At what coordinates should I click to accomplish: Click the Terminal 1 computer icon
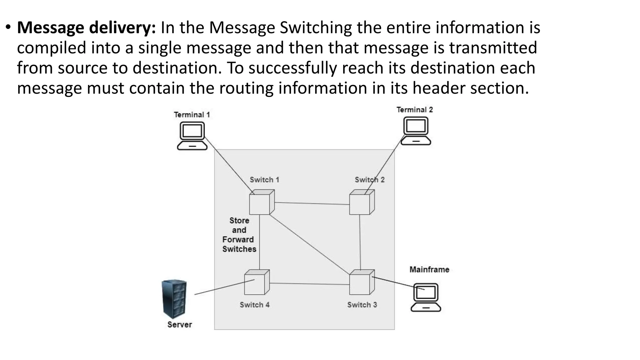(x=192, y=136)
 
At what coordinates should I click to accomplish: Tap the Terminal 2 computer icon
(x=416, y=131)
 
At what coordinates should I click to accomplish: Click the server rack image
(x=174, y=299)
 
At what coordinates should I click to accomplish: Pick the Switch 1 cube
(x=262, y=202)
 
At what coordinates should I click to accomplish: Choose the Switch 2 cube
(x=362, y=202)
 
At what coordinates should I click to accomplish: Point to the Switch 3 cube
(x=362, y=282)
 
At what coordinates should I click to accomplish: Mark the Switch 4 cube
(x=257, y=282)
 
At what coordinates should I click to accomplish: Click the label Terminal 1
(x=192, y=115)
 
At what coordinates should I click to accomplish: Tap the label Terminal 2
(x=415, y=110)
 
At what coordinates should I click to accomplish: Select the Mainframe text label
(x=429, y=269)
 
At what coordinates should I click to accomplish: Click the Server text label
(x=180, y=324)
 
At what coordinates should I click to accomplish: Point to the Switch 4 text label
(x=255, y=305)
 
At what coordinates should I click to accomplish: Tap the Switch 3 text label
(x=362, y=305)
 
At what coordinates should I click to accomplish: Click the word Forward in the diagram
(x=238, y=240)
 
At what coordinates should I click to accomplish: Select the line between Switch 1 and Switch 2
(x=312, y=203)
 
